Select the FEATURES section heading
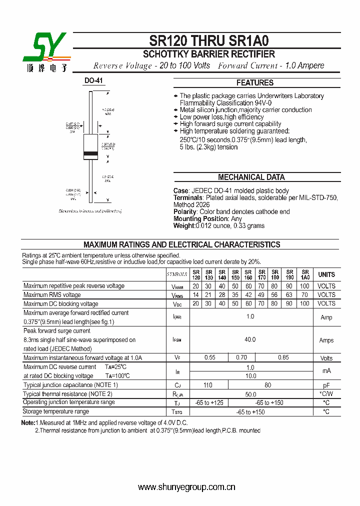[254, 83]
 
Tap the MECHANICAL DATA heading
[251, 177]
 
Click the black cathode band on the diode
[90, 152]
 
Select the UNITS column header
[326, 274]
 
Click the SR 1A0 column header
[305, 274]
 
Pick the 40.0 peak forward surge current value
[250, 339]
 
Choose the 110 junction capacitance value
[208, 385]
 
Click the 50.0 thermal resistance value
[250, 394]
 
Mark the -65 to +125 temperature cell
[209, 402]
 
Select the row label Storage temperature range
[56, 411]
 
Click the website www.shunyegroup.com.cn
[186, 487]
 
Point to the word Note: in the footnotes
[28, 423]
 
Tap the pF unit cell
[326, 385]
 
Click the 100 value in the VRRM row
[304, 286]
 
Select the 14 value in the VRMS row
[195, 295]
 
